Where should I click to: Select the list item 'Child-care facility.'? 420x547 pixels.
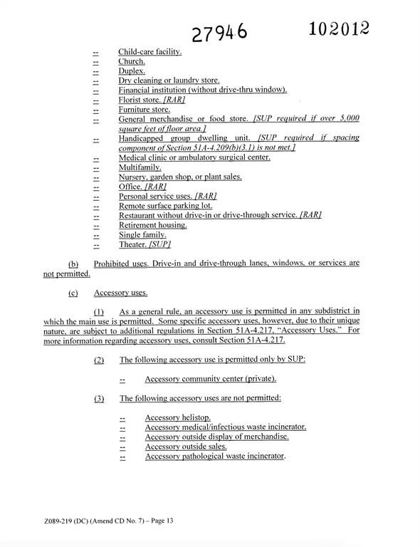pos(149,52)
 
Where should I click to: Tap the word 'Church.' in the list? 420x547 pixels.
pos(132,61)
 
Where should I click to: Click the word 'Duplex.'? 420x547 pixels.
pos(132,71)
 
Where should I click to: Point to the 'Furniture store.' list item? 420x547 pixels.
pos(144,110)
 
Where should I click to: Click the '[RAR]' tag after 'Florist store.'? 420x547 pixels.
pos(174,100)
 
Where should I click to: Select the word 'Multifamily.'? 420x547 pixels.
pos(140,167)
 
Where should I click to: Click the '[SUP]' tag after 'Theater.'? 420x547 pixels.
pos(160,244)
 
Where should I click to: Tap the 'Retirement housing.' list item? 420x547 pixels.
pos(152,225)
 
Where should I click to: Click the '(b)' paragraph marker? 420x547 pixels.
pos(73,264)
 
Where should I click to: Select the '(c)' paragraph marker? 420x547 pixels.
pos(73,292)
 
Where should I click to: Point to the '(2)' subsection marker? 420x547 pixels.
pos(99,360)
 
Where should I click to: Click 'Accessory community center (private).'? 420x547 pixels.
pos(211,379)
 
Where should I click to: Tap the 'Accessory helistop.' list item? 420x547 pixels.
pos(178,417)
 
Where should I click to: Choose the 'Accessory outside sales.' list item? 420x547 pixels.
pos(186,447)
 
